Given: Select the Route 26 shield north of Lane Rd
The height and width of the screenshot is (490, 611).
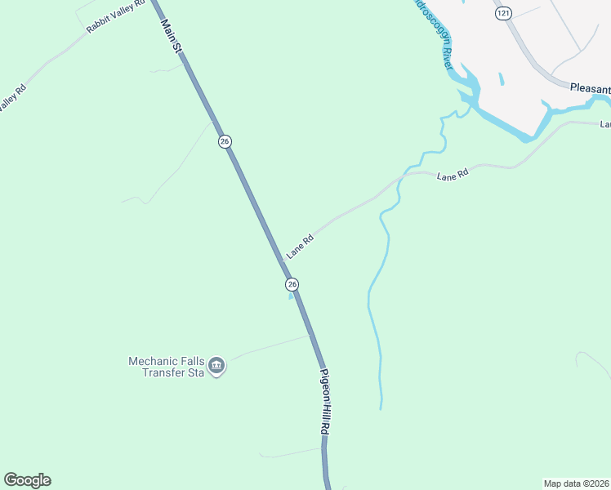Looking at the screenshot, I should (225, 141).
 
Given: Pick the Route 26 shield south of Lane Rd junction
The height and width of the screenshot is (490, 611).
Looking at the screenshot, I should (292, 283).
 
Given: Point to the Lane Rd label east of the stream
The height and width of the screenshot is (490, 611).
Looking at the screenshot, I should (453, 175).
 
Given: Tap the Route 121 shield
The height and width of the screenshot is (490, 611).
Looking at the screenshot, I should (502, 13).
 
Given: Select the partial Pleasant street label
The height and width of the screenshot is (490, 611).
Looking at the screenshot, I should (590, 88).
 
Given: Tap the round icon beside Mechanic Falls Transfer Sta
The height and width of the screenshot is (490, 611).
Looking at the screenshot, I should (216, 366).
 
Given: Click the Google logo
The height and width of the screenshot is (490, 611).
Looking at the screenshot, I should (27, 480).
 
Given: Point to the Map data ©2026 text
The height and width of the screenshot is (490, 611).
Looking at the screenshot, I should (576, 483).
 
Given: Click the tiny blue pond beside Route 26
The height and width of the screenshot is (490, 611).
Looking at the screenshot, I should (290, 296).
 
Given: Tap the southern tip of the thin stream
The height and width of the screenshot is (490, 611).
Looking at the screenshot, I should (381, 407).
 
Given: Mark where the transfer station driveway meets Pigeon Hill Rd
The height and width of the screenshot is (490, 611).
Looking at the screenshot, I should (311, 335).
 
